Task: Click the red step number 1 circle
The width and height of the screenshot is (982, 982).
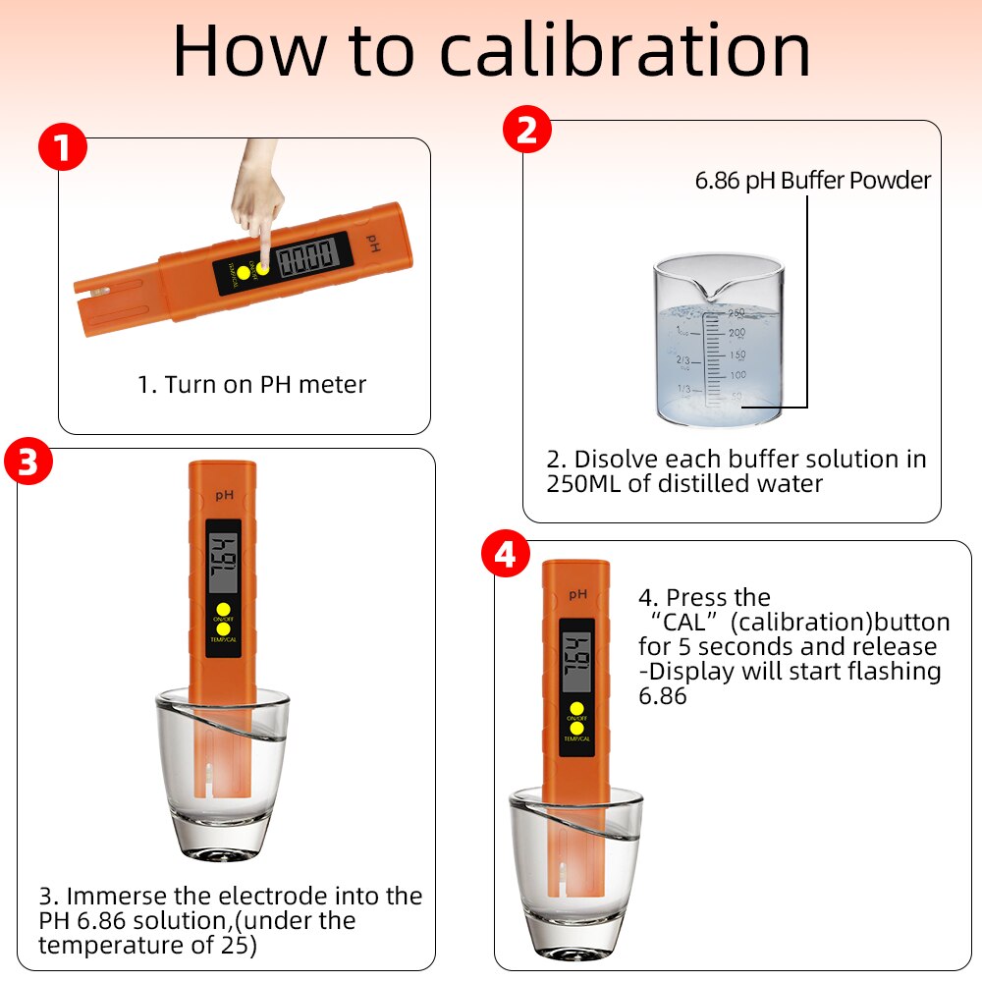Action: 62,149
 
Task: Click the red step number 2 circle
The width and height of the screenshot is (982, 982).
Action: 526,132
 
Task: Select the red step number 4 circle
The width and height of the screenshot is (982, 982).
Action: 505,556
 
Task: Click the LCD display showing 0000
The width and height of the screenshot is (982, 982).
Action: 306,259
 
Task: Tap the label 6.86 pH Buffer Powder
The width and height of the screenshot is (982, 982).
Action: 812,181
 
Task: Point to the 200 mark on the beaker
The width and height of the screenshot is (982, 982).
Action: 736,334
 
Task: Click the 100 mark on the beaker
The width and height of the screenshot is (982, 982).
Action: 736,375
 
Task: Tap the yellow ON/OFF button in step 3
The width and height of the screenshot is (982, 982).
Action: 223,609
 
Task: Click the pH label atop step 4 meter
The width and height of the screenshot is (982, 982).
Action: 576,593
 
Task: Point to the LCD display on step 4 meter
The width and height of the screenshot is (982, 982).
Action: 577,659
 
